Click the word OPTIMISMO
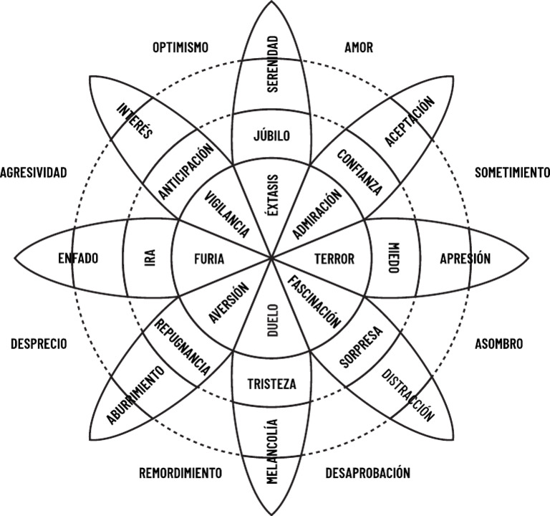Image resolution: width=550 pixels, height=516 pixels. [180, 48]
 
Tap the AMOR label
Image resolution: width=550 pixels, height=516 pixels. [359, 48]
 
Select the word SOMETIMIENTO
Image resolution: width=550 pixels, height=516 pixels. [512, 172]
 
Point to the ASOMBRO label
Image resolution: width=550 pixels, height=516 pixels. [498, 344]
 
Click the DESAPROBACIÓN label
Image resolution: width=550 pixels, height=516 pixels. [367, 473]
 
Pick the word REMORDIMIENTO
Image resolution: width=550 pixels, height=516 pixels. [180, 473]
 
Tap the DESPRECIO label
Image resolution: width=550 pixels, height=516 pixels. [39, 344]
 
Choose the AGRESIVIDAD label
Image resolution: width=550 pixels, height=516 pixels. [34, 172]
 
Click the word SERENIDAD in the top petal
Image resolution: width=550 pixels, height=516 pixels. [272, 64]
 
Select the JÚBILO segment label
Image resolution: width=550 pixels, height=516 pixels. [272, 135]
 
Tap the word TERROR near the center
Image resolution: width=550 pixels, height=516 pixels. [334, 259]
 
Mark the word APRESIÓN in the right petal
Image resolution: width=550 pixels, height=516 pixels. [465, 259]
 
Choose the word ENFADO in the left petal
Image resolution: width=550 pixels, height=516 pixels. [78, 258]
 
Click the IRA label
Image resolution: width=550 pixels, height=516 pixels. [150, 258]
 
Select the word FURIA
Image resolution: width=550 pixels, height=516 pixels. [209, 259]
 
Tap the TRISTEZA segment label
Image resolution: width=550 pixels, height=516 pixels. [271, 383]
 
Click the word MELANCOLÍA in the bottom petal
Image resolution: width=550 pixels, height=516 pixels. [272, 452]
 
